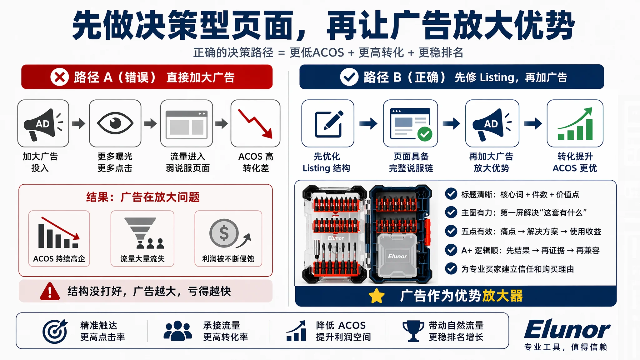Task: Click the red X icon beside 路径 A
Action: click(x=59, y=77)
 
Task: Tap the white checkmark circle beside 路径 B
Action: click(x=349, y=77)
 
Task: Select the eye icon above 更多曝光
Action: click(x=115, y=123)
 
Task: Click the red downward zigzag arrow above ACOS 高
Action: click(x=255, y=123)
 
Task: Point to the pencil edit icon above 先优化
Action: click(x=328, y=124)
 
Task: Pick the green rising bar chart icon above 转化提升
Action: click(x=575, y=124)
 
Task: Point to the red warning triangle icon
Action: click(x=50, y=291)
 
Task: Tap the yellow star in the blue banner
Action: click(x=377, y=296)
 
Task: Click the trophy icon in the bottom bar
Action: click(x=413, y=331)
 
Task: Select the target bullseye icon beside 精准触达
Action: click(x=55, y=331)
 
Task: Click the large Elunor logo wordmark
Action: click(x=567, y=329)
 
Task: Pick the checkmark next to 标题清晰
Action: click(x=451, y=194)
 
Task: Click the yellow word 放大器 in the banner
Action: click(x=502, y=296)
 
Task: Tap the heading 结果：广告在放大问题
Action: click(x=143, y=197)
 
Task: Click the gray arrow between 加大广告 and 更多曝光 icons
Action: click(x=79, y=123)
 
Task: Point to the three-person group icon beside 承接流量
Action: click(x=177, y=331)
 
